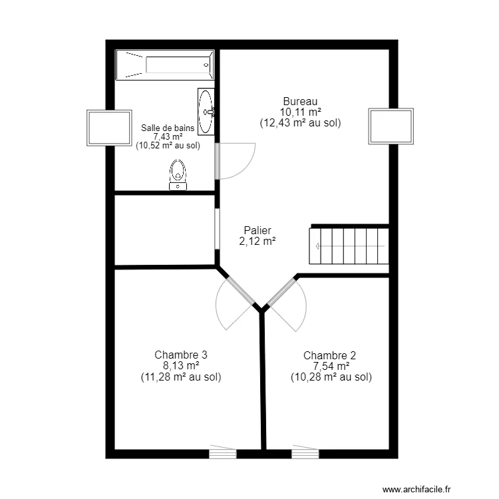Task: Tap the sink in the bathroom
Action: coord(207,111)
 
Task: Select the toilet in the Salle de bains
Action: coord(178,174)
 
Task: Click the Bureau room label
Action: coord(300,101)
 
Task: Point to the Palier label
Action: coord(258,231)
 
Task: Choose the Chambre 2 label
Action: coord(330,355)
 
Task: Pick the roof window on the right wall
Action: coord(391,126)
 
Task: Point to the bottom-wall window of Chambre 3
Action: coord(223,454)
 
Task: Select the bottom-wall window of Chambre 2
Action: coord(305,454)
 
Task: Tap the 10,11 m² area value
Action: coord(300,112)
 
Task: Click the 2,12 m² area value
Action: coord(258,242)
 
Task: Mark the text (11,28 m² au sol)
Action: coord(181,377)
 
